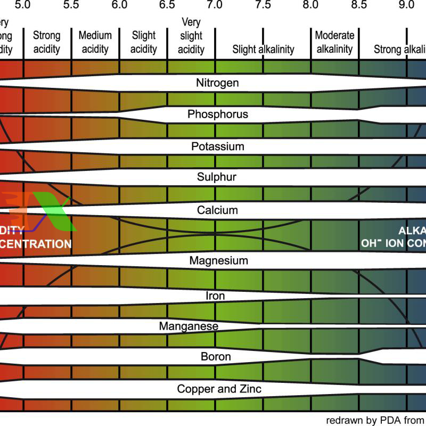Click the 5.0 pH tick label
point(23,5)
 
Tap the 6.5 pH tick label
point(167,5)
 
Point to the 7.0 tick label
point(215,5)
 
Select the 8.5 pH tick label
point(359,5)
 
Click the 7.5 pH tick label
point(263,5)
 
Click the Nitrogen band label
point(217,83)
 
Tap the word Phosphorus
point(218,114)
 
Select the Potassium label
point(217,146)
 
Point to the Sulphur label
point(217,177)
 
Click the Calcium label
point(217,210)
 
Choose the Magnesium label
point(218,261)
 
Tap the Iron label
point(215,296)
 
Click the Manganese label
point(189,325)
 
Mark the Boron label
point(216,356)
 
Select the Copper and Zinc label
point(219,389)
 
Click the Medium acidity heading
point(95,43)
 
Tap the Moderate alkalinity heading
point(334,43)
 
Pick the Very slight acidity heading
point(191,36)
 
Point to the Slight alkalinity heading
point(263,50)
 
